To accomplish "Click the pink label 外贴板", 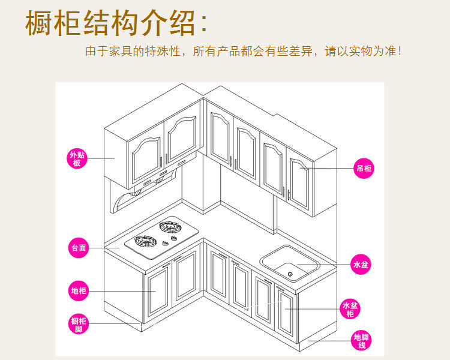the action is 77,159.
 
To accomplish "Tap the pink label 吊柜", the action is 364,169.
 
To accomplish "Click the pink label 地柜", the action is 79,292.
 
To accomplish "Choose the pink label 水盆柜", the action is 350,309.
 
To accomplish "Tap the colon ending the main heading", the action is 203,24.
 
